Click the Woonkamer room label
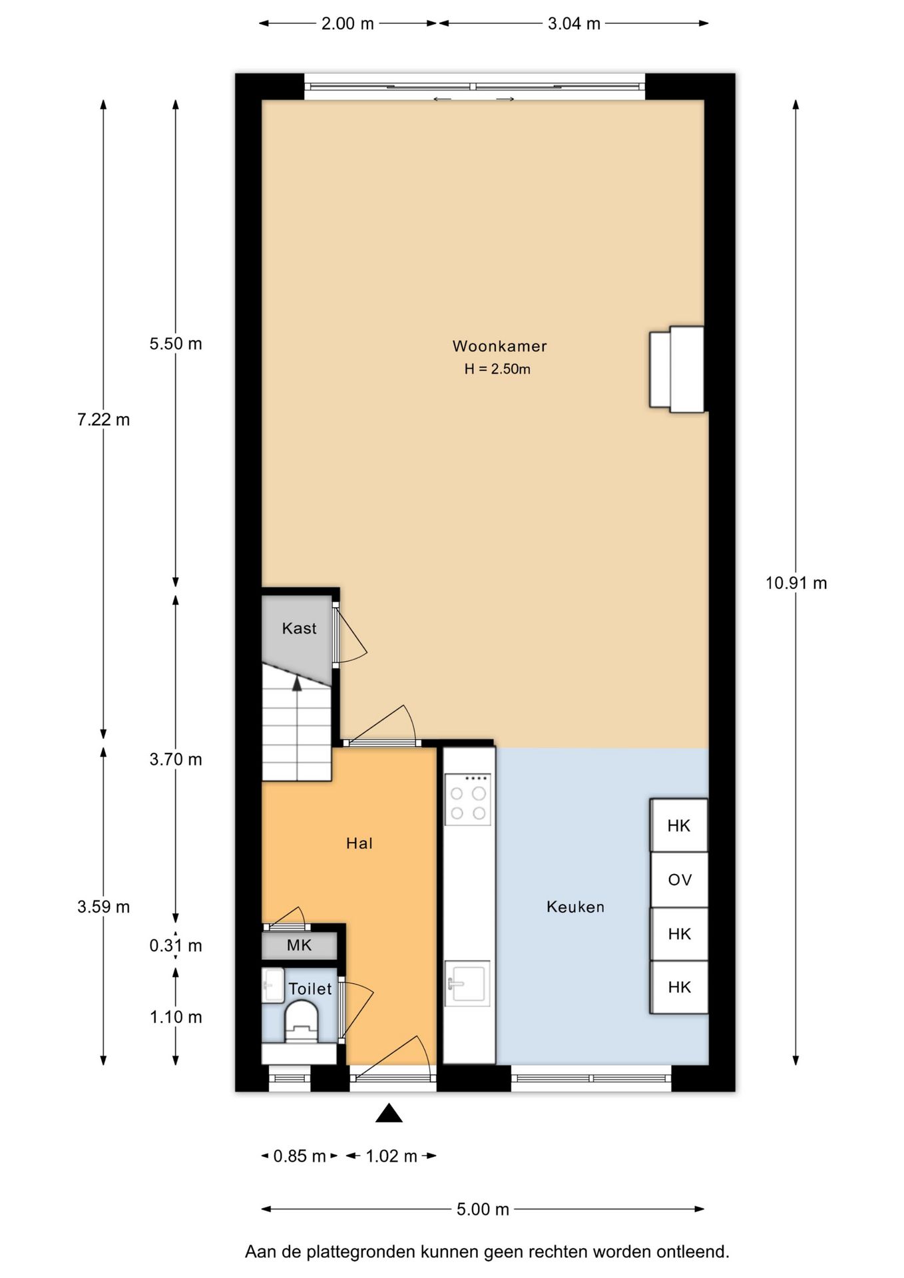coord(499,346)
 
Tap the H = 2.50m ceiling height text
coord(497,369)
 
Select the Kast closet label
coord(299,628)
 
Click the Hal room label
coord(359,843)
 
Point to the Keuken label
coord(575,907)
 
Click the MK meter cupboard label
coord(299,945)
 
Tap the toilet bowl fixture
coord(302,1022)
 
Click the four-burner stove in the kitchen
coord(467,800)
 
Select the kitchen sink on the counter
coord(467,983)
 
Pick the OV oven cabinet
coord(679,880)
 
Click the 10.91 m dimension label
coord(795,583)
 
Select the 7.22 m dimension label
coord(103,419)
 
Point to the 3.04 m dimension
coord(573,24)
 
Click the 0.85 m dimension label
coord(299,1156)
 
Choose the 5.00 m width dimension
coord(482,1209)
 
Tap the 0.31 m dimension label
coord(175,945)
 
